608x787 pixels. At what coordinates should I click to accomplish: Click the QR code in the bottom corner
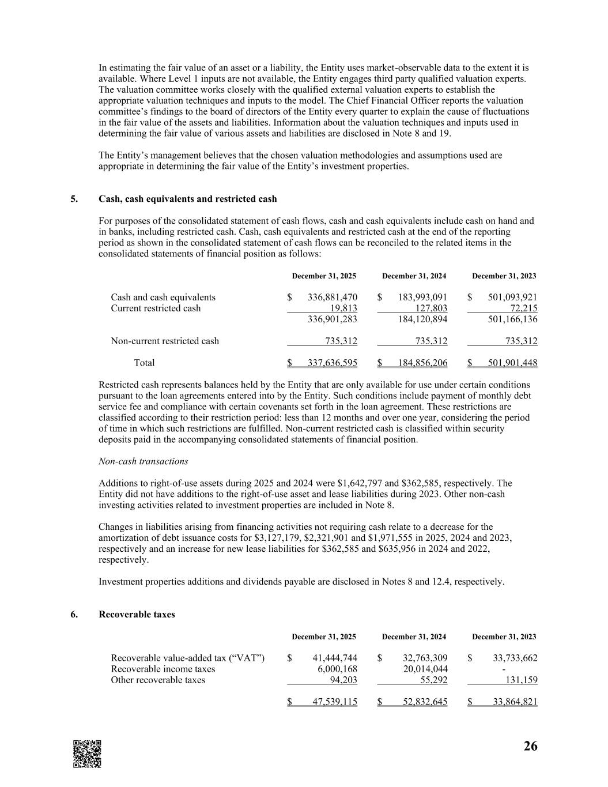pyautogui.click(x=87, y=753)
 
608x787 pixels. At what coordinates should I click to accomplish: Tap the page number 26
pyautogui.click(x=530, y=747)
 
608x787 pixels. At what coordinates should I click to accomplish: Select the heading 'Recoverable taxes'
pyautogui.click(x=137, y=615)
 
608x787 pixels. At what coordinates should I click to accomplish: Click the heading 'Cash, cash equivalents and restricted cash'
pyautogui.click(x=188, y=199)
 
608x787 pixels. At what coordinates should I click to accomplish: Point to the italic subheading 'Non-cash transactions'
pyautogui.click(x=143, y=461)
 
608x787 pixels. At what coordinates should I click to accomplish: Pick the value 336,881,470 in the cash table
pyautogui.click(x=333, y=298)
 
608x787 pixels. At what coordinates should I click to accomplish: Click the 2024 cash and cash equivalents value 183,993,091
pyautogui.click(x=422, y=298)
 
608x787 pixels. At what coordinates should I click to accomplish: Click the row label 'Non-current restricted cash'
pyautogui.click(x=165, y=341)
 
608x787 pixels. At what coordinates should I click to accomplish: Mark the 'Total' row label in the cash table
pyautogui.click(x=144, y=363)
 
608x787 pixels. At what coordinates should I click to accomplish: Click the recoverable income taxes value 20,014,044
pyautogui.click(x=425, y=669)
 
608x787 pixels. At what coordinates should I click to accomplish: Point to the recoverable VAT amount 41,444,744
pyautogui.click(x=335, y=658)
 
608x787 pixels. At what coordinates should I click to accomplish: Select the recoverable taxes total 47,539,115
pyautogui.click(x=335, y=703)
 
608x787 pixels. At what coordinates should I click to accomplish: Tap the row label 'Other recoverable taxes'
pyautogui.click(x=158, y=680)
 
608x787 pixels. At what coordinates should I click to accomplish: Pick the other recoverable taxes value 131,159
pyautogui.click(x=522, y=680)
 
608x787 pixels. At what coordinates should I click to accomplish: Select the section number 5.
pyautogui.click(x=74, y=199)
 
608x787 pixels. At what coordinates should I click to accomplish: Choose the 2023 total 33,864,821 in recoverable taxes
pyautogui.click(x=515, y=703)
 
